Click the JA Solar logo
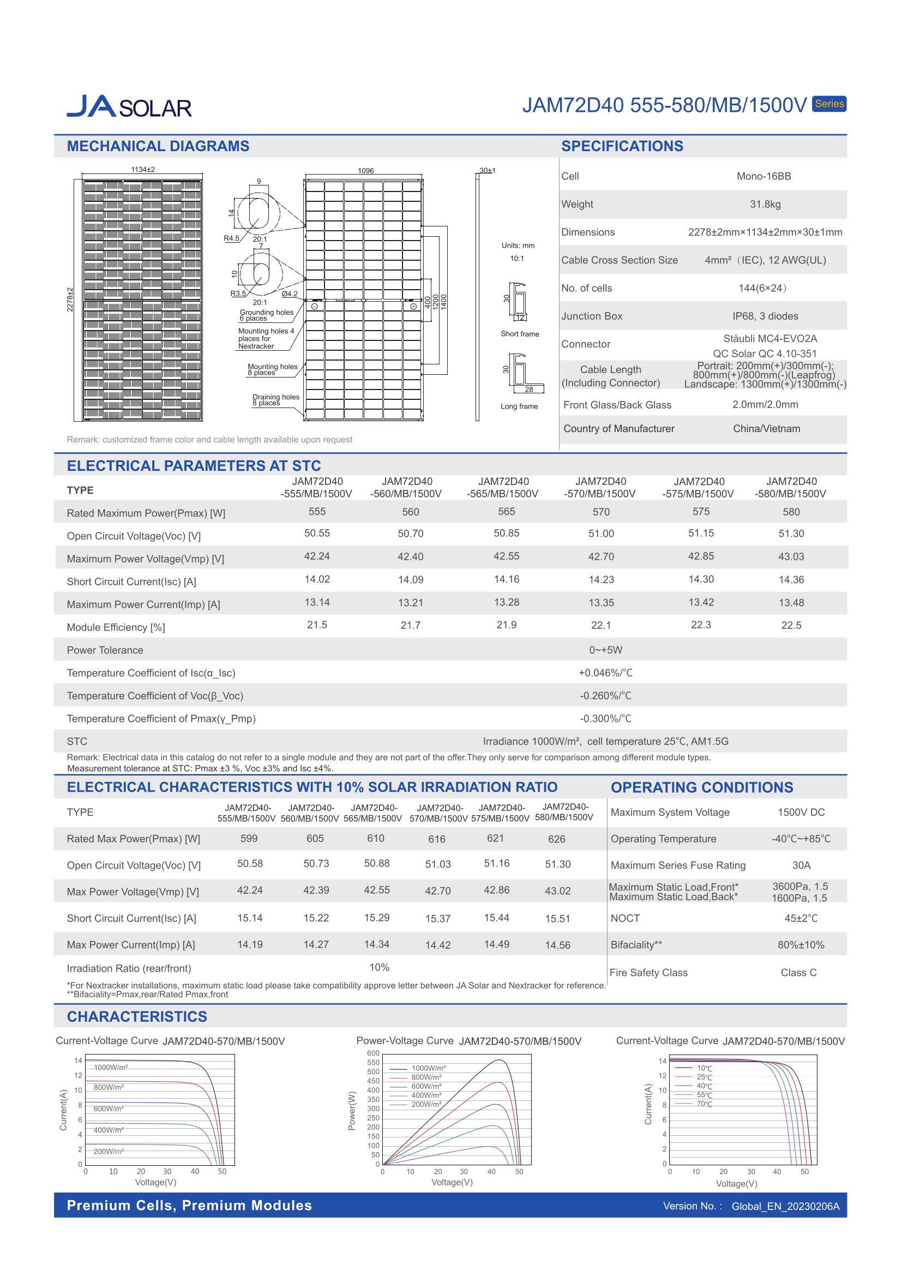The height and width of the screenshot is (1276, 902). point(129,106)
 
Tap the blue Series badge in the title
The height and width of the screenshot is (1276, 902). point(829,104)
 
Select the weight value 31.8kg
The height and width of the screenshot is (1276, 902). point(765,204)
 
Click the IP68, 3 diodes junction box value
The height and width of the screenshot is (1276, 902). point(765,316)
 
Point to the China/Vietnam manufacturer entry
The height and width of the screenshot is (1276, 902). point(766,428)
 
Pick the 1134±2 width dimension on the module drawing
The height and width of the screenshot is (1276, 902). point(143,170)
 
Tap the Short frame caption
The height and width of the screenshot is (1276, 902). point(519,334)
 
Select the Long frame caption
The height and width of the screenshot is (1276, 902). point(519,406)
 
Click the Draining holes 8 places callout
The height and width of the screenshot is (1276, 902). point(275,399)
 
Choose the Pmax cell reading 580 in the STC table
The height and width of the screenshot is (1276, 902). point(791,512)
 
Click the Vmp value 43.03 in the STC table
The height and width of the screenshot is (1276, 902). point(791,556)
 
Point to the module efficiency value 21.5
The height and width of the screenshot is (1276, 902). point(317,625)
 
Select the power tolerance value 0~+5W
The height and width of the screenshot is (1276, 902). point(605,650)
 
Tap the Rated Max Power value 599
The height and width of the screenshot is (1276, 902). point(249,838)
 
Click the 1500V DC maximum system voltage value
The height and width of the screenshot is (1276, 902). point(801,812)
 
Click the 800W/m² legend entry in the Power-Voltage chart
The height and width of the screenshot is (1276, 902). point(426,1077)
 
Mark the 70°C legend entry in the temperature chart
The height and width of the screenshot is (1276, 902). point(704,1104)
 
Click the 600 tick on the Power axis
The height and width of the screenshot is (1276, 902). point(373,1053)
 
